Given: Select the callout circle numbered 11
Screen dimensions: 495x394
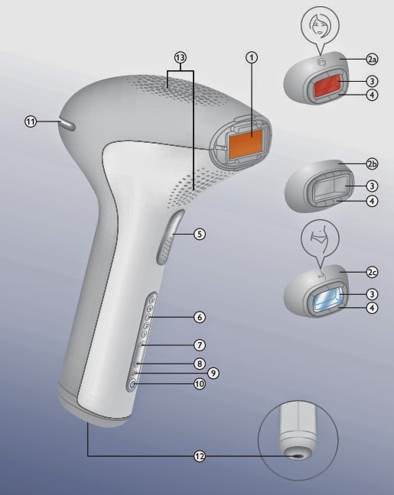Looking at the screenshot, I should coord(31,121).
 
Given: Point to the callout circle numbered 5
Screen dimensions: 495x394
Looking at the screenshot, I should coord(199,234).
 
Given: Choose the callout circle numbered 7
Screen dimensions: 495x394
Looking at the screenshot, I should coord(199,345).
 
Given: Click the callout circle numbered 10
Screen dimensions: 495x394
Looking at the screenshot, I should coord(199,385).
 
